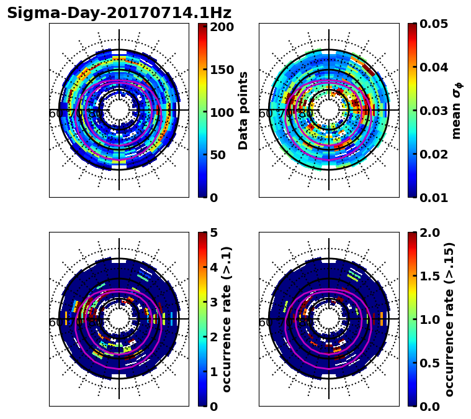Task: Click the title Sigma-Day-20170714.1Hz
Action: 119,13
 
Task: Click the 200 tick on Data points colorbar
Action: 222,27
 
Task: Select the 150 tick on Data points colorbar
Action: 222,70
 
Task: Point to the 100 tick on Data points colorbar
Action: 222,113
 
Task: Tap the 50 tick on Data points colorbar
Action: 222,155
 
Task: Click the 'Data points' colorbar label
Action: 243,111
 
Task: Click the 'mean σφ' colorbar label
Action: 457,111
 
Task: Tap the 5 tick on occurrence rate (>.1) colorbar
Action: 214,233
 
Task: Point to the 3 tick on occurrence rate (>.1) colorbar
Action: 214,302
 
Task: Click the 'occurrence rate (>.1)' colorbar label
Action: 227,319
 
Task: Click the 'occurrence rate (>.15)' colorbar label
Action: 449,319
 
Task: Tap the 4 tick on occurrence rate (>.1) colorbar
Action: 214,267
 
